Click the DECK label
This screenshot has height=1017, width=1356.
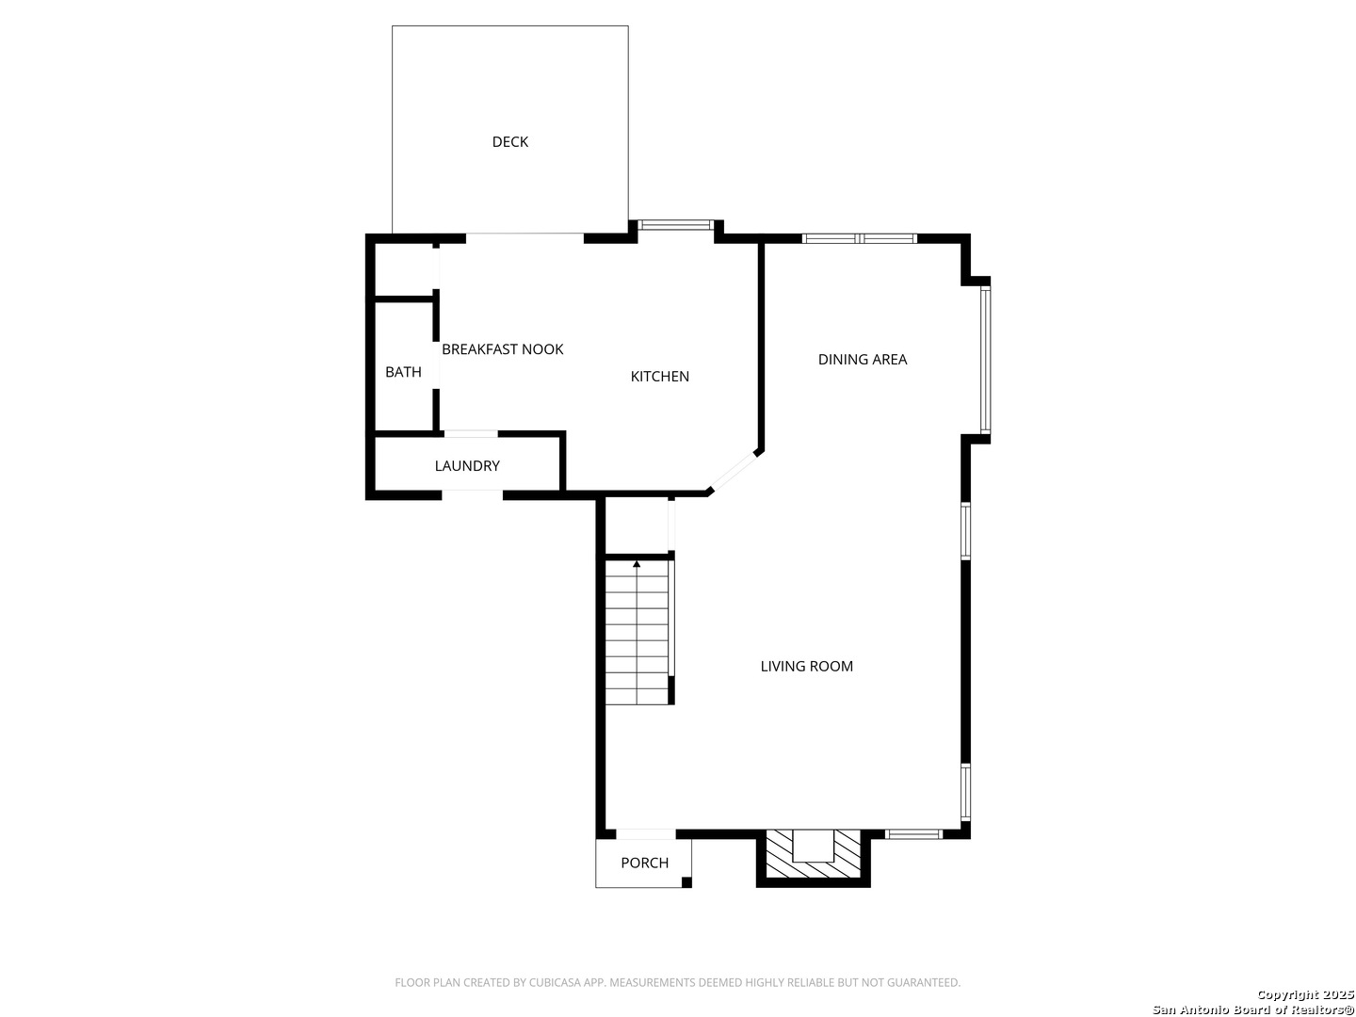click(509, 142)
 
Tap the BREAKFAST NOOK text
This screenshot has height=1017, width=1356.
click(502, 349)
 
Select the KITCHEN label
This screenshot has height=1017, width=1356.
click(659, 377)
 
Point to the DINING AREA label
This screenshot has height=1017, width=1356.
click(862, 360)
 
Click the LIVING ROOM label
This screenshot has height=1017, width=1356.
click(806, 667)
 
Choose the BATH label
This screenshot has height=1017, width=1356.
click(403, 372)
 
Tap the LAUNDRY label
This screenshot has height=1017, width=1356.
click(467, 465)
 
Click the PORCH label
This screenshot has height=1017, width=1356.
click(644, 863)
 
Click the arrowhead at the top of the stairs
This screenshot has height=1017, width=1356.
click(637, 564)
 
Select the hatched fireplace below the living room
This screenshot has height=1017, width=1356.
click(813, 853)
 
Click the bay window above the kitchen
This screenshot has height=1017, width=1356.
click(675, 225)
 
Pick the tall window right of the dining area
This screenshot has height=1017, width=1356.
click(985, 359)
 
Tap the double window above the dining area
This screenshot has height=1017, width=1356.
click(859, 238)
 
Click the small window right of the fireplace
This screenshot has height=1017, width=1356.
click(913, 834)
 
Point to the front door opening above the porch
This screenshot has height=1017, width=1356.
click(646, 834)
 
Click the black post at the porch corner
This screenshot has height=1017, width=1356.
click(686, 882)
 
